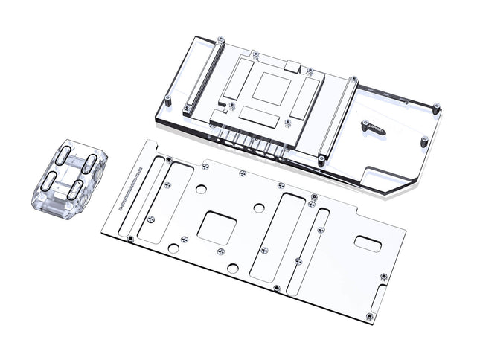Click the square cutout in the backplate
coord(215,228)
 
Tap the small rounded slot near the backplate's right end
coord(368,242)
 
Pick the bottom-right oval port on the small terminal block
coord(76,189)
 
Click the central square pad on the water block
coord(267,89)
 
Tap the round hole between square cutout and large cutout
coord(258,208)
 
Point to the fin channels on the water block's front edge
coord(249,141)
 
